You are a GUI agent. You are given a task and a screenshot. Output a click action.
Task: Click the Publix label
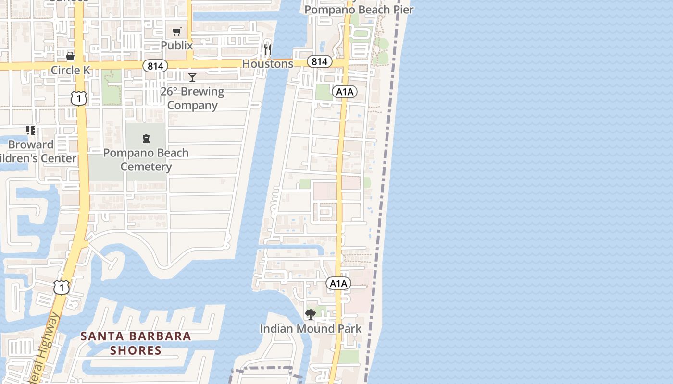click(x=176, y=46)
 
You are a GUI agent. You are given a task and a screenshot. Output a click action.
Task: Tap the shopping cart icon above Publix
click(x=176, y=32)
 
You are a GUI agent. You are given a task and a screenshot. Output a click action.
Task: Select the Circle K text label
click(x=70, y=70)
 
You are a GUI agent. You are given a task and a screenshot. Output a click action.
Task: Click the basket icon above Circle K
click(x=70, y=56)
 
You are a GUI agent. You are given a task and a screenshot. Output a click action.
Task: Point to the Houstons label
click(x=267, y=64)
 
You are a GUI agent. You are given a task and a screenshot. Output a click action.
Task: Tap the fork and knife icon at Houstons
click(x=268, y=49)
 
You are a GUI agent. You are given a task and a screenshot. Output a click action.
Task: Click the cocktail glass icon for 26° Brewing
click(x=192, y=77)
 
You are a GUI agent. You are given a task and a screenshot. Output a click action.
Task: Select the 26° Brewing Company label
click(x=192, y=98)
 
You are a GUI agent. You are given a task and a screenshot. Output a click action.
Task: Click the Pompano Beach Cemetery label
click(x=146, y=160)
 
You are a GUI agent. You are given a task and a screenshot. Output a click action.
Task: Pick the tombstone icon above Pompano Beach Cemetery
click(x=146, y=139)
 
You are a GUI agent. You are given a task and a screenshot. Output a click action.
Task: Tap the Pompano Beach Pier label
click(x=359, y=9)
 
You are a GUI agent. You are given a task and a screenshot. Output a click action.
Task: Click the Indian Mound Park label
click(x=311, y=329)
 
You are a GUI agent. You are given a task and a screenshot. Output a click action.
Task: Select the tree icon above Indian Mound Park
click(x=311, y=314)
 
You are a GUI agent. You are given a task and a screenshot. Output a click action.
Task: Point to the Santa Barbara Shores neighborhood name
click(x=136, y=343)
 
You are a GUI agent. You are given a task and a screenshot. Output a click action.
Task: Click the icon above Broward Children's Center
click(x=31, y=131)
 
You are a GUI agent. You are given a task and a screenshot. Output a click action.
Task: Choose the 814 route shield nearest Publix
click(x=155, y=66)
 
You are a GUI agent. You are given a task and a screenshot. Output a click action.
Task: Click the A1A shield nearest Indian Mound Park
click(x=338, y=284)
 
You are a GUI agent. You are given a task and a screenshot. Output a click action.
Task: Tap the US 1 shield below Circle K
click(x=78, y=98)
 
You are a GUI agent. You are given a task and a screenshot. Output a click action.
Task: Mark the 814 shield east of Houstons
click(x=319, y=61)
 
